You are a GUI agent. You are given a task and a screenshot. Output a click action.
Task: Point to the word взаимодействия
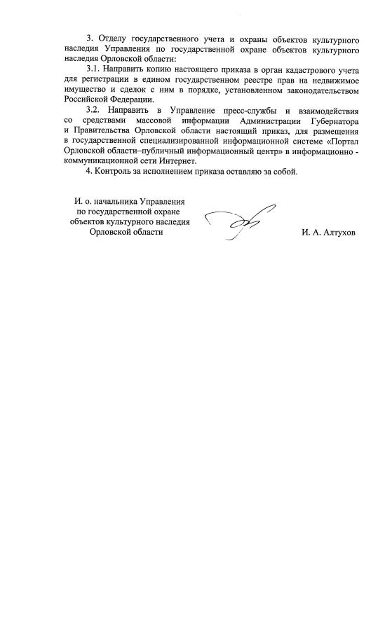[x=326, y=111]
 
